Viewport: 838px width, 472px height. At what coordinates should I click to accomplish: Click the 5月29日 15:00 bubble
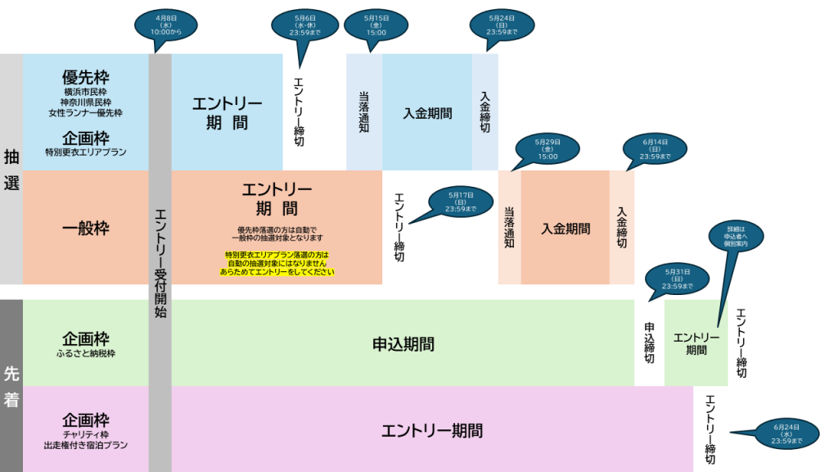coord(547,149)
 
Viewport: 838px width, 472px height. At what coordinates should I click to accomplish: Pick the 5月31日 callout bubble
coord(678,280)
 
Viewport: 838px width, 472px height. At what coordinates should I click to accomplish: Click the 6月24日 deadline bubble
coord(786,434)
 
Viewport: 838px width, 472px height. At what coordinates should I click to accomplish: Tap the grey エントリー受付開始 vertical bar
coord(160,262)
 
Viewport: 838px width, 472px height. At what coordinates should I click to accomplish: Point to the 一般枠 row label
coord(86,229)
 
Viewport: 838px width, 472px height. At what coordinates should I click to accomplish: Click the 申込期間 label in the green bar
coord(403,343)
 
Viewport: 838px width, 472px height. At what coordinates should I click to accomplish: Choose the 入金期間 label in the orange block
coord(565,229)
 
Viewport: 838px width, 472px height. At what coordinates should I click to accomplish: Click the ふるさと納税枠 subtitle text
coord(85,354)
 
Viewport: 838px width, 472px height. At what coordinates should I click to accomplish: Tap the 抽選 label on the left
coord(11,170)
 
